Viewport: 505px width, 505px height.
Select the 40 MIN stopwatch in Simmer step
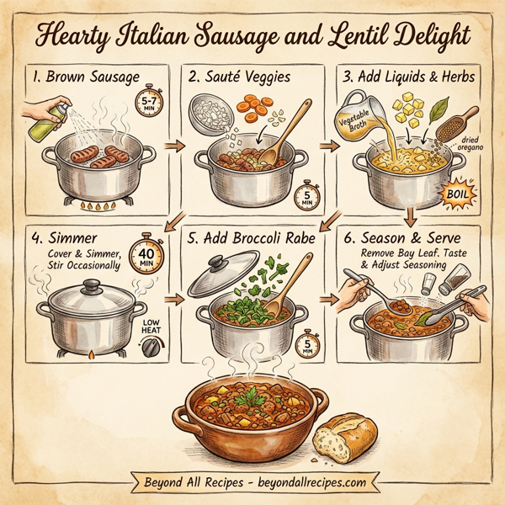(x=146, y=252)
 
